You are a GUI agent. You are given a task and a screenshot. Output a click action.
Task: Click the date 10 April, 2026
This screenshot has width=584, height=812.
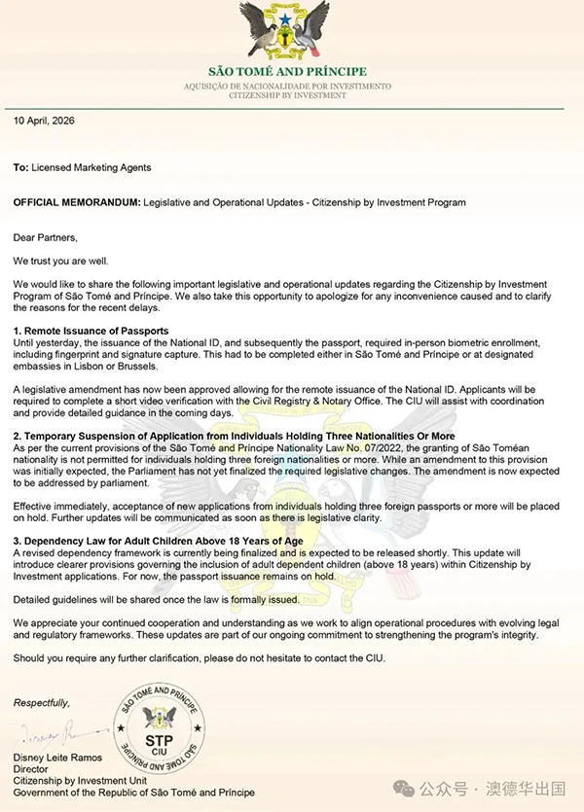[x=44, y=122]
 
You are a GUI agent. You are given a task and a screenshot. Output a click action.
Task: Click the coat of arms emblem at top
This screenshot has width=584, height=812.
[x=289, y=31]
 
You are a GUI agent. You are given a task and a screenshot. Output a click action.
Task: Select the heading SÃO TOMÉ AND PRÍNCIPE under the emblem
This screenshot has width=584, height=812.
[x=288, y=72]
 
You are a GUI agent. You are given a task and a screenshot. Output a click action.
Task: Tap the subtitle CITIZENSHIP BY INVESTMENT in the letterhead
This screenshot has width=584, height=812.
[x=288, y=97]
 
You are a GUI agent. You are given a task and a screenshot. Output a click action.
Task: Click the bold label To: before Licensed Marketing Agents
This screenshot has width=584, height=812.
[x=20, y=167]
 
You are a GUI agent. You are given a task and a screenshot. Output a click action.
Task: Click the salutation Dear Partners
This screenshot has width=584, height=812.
[x=45, y=236]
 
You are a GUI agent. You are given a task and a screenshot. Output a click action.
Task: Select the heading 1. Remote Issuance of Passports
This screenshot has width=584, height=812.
[x=91, y=332]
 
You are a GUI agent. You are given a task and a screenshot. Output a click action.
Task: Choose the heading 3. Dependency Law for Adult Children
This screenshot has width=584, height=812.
[x=158, y=541]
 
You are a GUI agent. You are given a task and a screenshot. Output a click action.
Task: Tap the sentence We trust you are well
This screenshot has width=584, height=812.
[x=66, y=261]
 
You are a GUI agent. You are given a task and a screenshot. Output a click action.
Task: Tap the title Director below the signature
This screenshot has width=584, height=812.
[x=31, y=770]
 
